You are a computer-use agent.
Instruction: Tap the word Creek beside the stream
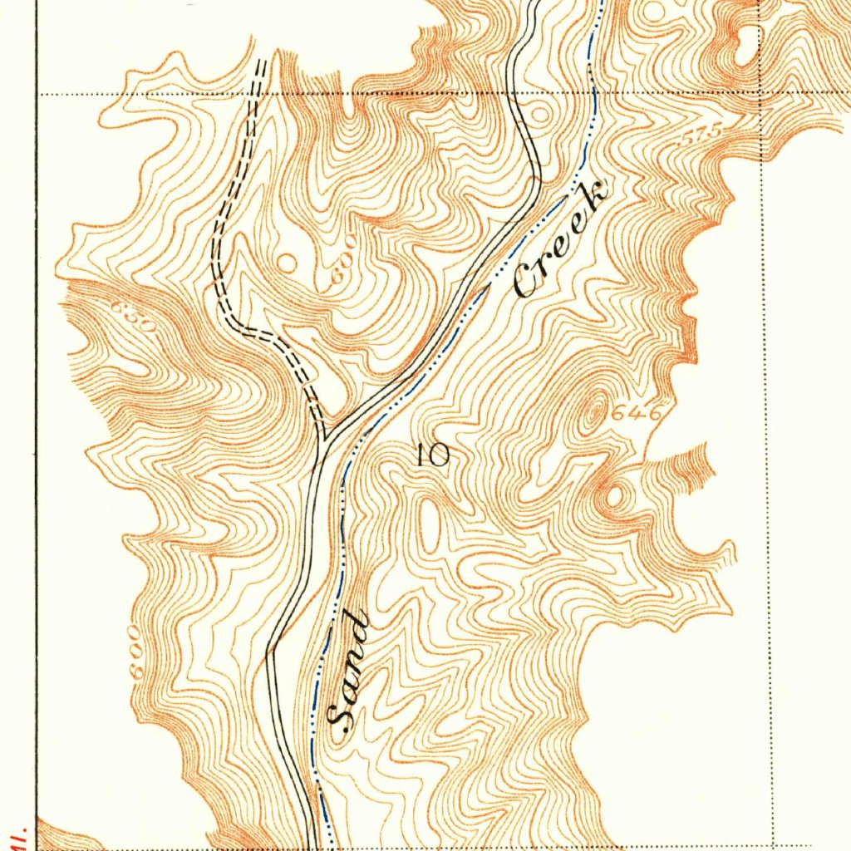tap(559, 242)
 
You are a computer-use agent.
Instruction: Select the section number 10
tap(433, 454)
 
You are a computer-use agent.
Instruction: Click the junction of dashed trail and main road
tap(325, 436)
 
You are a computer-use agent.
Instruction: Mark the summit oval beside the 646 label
tap(592, 414)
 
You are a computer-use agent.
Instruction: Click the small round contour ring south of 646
tap(615, 497)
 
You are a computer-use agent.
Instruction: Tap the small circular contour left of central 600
tap(287, 263)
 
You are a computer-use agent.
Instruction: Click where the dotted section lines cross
tap(762, 93)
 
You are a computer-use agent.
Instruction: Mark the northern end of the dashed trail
tap(262, 63)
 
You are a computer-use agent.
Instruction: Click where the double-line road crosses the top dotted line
tap(516, 94)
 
